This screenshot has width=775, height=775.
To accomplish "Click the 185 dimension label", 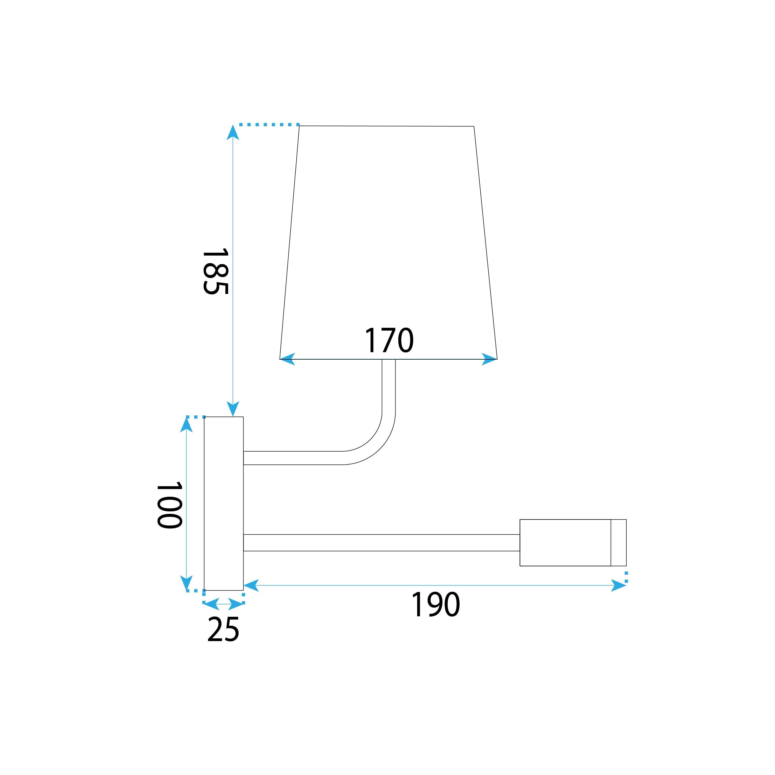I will [x=216, y=272].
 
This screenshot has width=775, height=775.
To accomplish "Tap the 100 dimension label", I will [x=170, y=505].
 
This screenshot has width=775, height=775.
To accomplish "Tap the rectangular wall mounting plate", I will [x=223, y=503].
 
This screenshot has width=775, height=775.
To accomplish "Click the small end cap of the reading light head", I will [x=618, y=543].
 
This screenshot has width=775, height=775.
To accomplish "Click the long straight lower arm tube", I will [x=381, y=543].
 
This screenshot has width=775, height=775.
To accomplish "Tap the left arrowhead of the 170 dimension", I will [x=287, y=359].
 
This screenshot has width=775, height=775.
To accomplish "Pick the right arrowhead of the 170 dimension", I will [x=489, y=359].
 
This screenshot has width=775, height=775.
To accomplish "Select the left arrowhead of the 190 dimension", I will [x=251, y=586].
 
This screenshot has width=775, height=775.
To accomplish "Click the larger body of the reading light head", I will [x=565, y=543].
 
